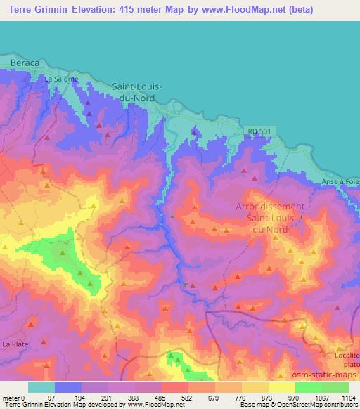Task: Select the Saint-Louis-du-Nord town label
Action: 138,92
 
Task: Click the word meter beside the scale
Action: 11,398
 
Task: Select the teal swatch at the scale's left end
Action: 41,387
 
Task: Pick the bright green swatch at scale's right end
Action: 335,387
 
